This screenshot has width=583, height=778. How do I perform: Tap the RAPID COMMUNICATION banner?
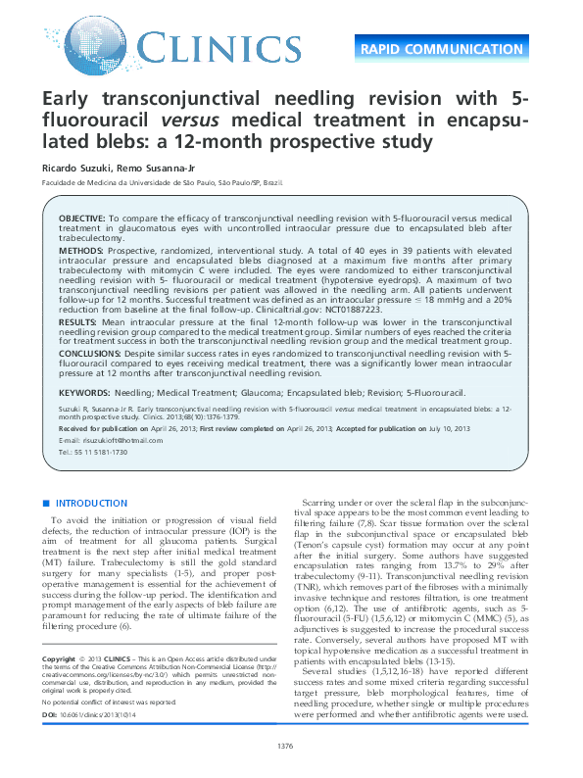tap(455, 49)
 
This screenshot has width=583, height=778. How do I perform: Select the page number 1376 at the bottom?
tap(286, 748)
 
